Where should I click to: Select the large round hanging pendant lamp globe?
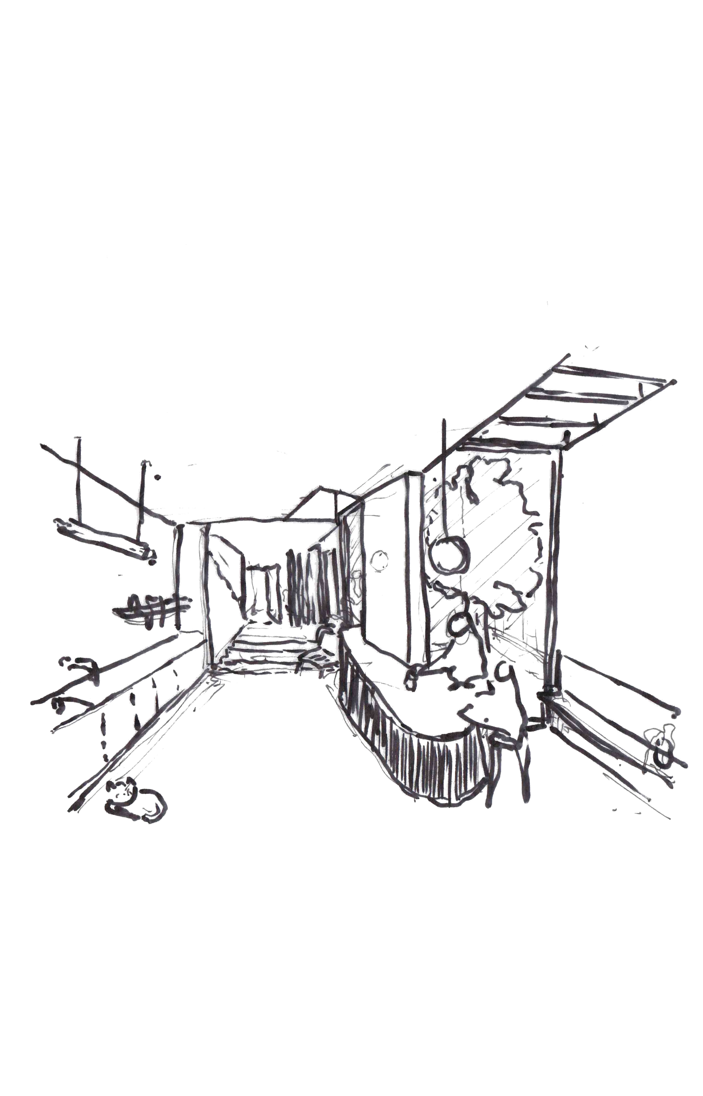[x=450, y=555]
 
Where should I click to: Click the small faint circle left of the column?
[x=379, y=560]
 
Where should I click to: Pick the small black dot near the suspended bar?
[x=158, y=478]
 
